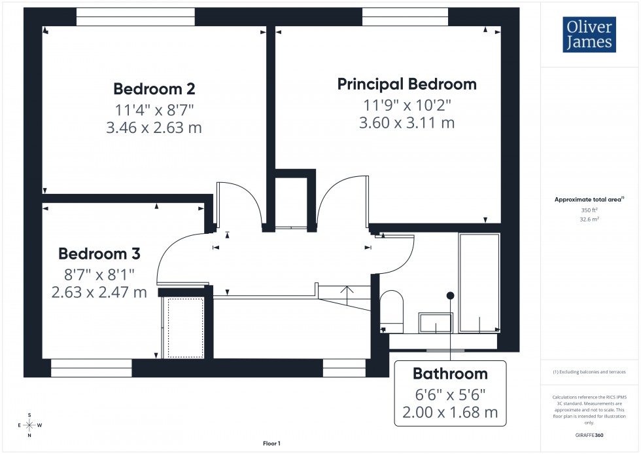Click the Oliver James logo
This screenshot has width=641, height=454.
pyautogui.click(x=589, y=35)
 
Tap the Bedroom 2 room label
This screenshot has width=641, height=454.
pyautogui.click(x=154, y=88)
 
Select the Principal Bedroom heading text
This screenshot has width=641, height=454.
pyautogui.click(x=407, y=84)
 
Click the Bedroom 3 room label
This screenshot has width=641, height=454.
pyautogui.click(x=99, y=254)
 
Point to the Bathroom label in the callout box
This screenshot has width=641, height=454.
pyautogui.click(x=450, y=374)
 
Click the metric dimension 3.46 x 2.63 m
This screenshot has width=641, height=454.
pyautogui.click(x=154, y=128)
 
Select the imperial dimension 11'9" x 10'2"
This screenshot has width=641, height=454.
pyautogui.click(x=407, y=104)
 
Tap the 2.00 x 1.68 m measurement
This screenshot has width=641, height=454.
pyautogui.click(x=450, y=412)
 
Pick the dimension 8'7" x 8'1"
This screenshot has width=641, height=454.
pyautogui.click(x=99, y=273)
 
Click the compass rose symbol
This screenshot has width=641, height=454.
pyautogui.click(x=29, y=425)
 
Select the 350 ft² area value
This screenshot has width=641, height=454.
pyautogui.click(x=589, y=210)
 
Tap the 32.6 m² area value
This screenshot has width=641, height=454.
pyautogui.click(x=589, y=219)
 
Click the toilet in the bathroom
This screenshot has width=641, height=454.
pyautogui.click(x=392, y=309)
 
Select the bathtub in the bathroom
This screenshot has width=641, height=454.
pyautogui.click(x=479, y=282)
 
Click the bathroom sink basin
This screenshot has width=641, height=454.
pyautogui.click(x=436, y=323)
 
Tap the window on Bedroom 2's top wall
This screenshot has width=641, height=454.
pyautogui.click(x=135, y=16)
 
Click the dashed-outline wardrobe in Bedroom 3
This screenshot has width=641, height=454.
pyautogui.click(x=186, y=328)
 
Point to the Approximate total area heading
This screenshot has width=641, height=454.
pyautogui.click(x=589, y=199)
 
